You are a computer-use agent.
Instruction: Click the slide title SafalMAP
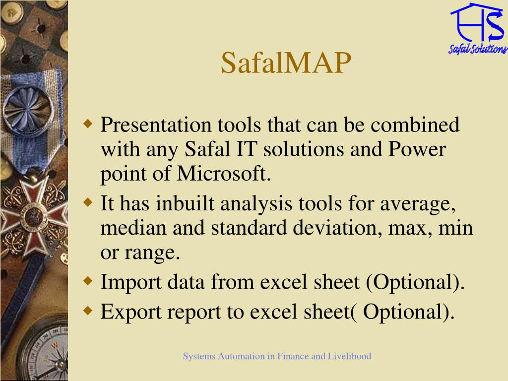tap(286, 63)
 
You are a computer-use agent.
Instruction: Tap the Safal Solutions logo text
tap(478, 49)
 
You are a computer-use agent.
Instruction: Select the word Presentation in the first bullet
tap(156, 125)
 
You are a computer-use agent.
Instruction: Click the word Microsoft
tap(224, 174)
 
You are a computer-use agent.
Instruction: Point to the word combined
tap(415, 125)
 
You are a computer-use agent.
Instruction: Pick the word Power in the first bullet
tap(417, 149)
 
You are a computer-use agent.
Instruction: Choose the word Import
tap(131, 282)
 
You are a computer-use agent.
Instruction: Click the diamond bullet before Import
tap(88, 281)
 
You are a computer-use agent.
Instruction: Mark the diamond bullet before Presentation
tap(88, 124)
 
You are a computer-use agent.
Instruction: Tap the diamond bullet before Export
tap(88, 311)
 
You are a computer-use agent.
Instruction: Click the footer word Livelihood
tap(350, 356)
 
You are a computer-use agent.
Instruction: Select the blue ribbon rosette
tap(28, 110)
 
